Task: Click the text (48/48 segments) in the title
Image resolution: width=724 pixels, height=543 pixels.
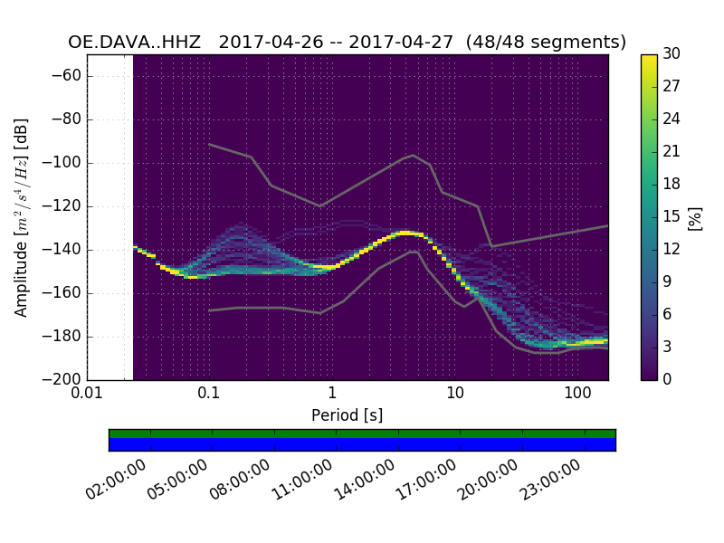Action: click(x=553, y=43)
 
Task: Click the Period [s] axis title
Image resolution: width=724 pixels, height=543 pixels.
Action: click(x=348, y=415)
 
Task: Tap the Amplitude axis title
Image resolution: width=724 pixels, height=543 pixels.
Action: click(x=22, y=217)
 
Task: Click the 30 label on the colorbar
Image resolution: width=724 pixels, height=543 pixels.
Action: click(x=672, y=54)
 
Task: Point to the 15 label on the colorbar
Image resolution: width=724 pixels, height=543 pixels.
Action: click(x=672, y=216)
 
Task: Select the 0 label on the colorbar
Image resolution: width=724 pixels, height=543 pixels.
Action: click(x=668, y=379)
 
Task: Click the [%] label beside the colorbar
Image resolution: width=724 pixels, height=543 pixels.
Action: click(x=695, y=217)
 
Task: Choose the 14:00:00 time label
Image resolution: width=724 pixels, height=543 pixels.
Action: click(x=366, y=478)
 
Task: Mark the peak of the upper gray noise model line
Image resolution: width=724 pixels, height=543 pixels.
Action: click(x=414, y=155)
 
